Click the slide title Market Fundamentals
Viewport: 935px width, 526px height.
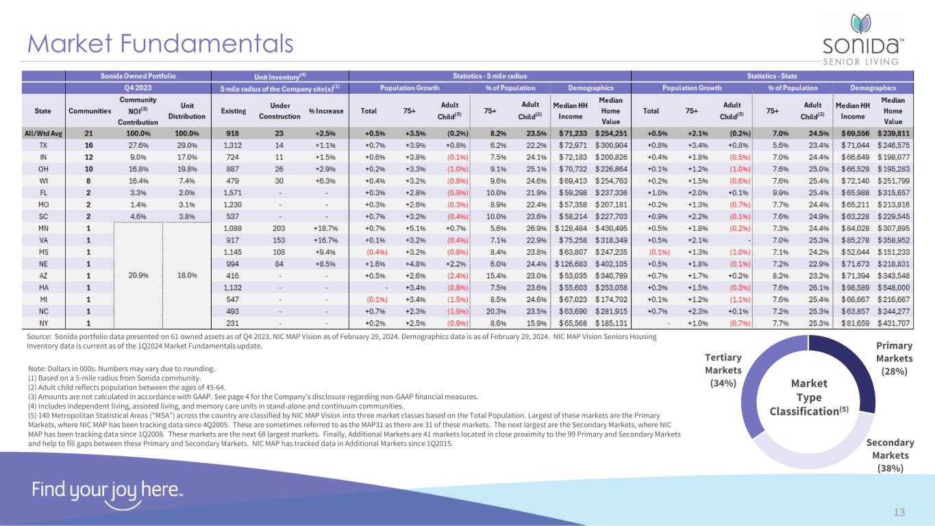click(160, 44)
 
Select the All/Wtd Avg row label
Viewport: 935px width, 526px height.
click(42, 133)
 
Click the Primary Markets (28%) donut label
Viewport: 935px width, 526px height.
click(894, 359)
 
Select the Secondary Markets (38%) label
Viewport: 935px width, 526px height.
click(890, 455)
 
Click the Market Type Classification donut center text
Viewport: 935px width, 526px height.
click(809, 397)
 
